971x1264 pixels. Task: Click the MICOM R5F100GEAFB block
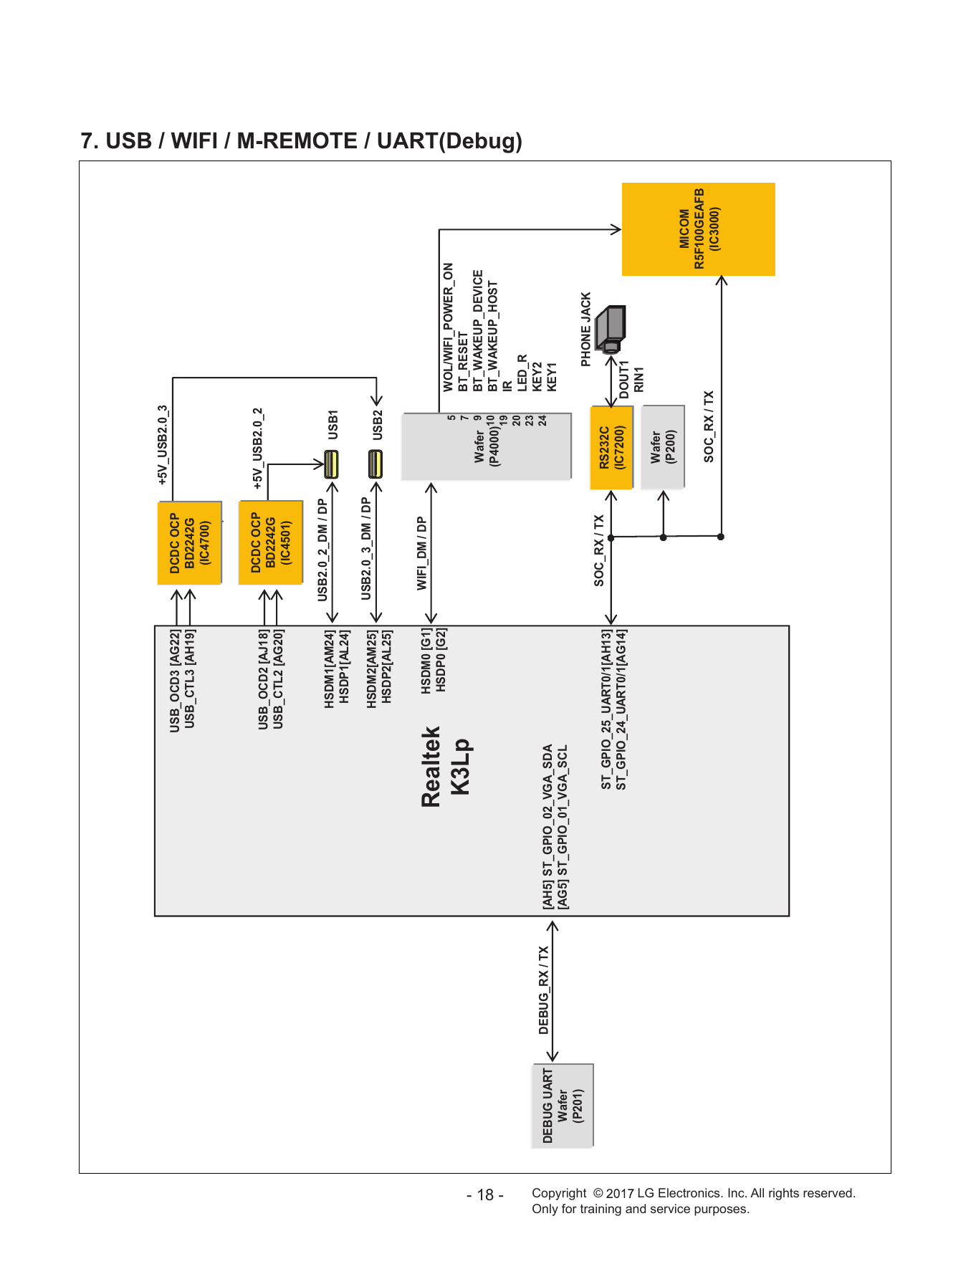(x=698, y=229)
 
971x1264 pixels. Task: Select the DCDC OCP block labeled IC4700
(x=190, y=543)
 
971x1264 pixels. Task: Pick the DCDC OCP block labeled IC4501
(x=271, y=543)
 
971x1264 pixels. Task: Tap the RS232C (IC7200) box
(x=612, y=448)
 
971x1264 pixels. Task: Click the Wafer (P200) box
(x=663, y=447)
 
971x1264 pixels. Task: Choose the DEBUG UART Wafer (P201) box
(x=563, y=1106)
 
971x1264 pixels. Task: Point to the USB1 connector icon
(x=331, y=464)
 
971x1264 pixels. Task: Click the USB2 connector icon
(x=376, y=464)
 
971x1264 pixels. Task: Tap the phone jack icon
(x=611, y=328)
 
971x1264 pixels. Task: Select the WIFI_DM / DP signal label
(x=422, y=553)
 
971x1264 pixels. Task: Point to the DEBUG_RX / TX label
(x=544, y=990)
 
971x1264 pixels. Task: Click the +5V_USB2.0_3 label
(x=163, y=445)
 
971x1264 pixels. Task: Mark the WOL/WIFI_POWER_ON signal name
(x=449, y=327)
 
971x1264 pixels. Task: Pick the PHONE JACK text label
(x=586, y=330)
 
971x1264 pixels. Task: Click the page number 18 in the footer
(x=485, y=1195)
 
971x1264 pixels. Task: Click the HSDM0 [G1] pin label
(x=426, y=660)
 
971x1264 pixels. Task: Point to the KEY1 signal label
(x=552, y=377)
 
